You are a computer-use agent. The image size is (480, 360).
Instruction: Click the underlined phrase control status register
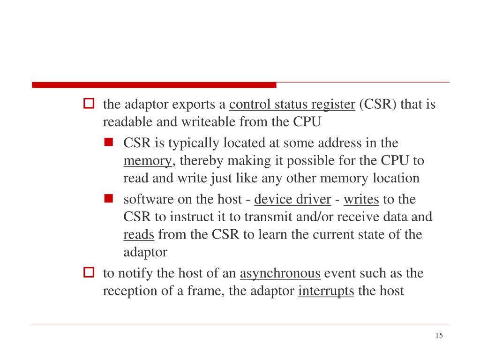(292, 104)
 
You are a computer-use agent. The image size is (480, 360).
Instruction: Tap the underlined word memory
(148, 161)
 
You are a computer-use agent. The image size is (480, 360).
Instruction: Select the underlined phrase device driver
(292, 200)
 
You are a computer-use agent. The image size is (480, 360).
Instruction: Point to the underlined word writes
(361, 200)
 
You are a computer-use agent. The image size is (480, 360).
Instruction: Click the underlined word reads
(139, 235)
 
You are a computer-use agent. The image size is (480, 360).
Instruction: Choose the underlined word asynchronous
(280, 273)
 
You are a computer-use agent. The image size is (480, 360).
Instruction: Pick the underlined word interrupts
(326, 291)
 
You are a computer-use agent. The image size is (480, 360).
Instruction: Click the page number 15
(439, 336)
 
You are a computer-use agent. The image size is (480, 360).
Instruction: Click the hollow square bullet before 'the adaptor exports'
(89, 103)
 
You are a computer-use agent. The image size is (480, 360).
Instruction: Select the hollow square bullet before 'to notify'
(89, 272)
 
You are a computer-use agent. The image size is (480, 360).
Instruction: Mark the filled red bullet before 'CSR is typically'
(109, 142)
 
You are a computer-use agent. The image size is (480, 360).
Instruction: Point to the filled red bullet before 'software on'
(109, 198)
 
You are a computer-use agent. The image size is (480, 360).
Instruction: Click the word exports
(194, 104)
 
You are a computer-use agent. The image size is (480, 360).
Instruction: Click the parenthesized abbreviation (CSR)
(377, 104)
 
